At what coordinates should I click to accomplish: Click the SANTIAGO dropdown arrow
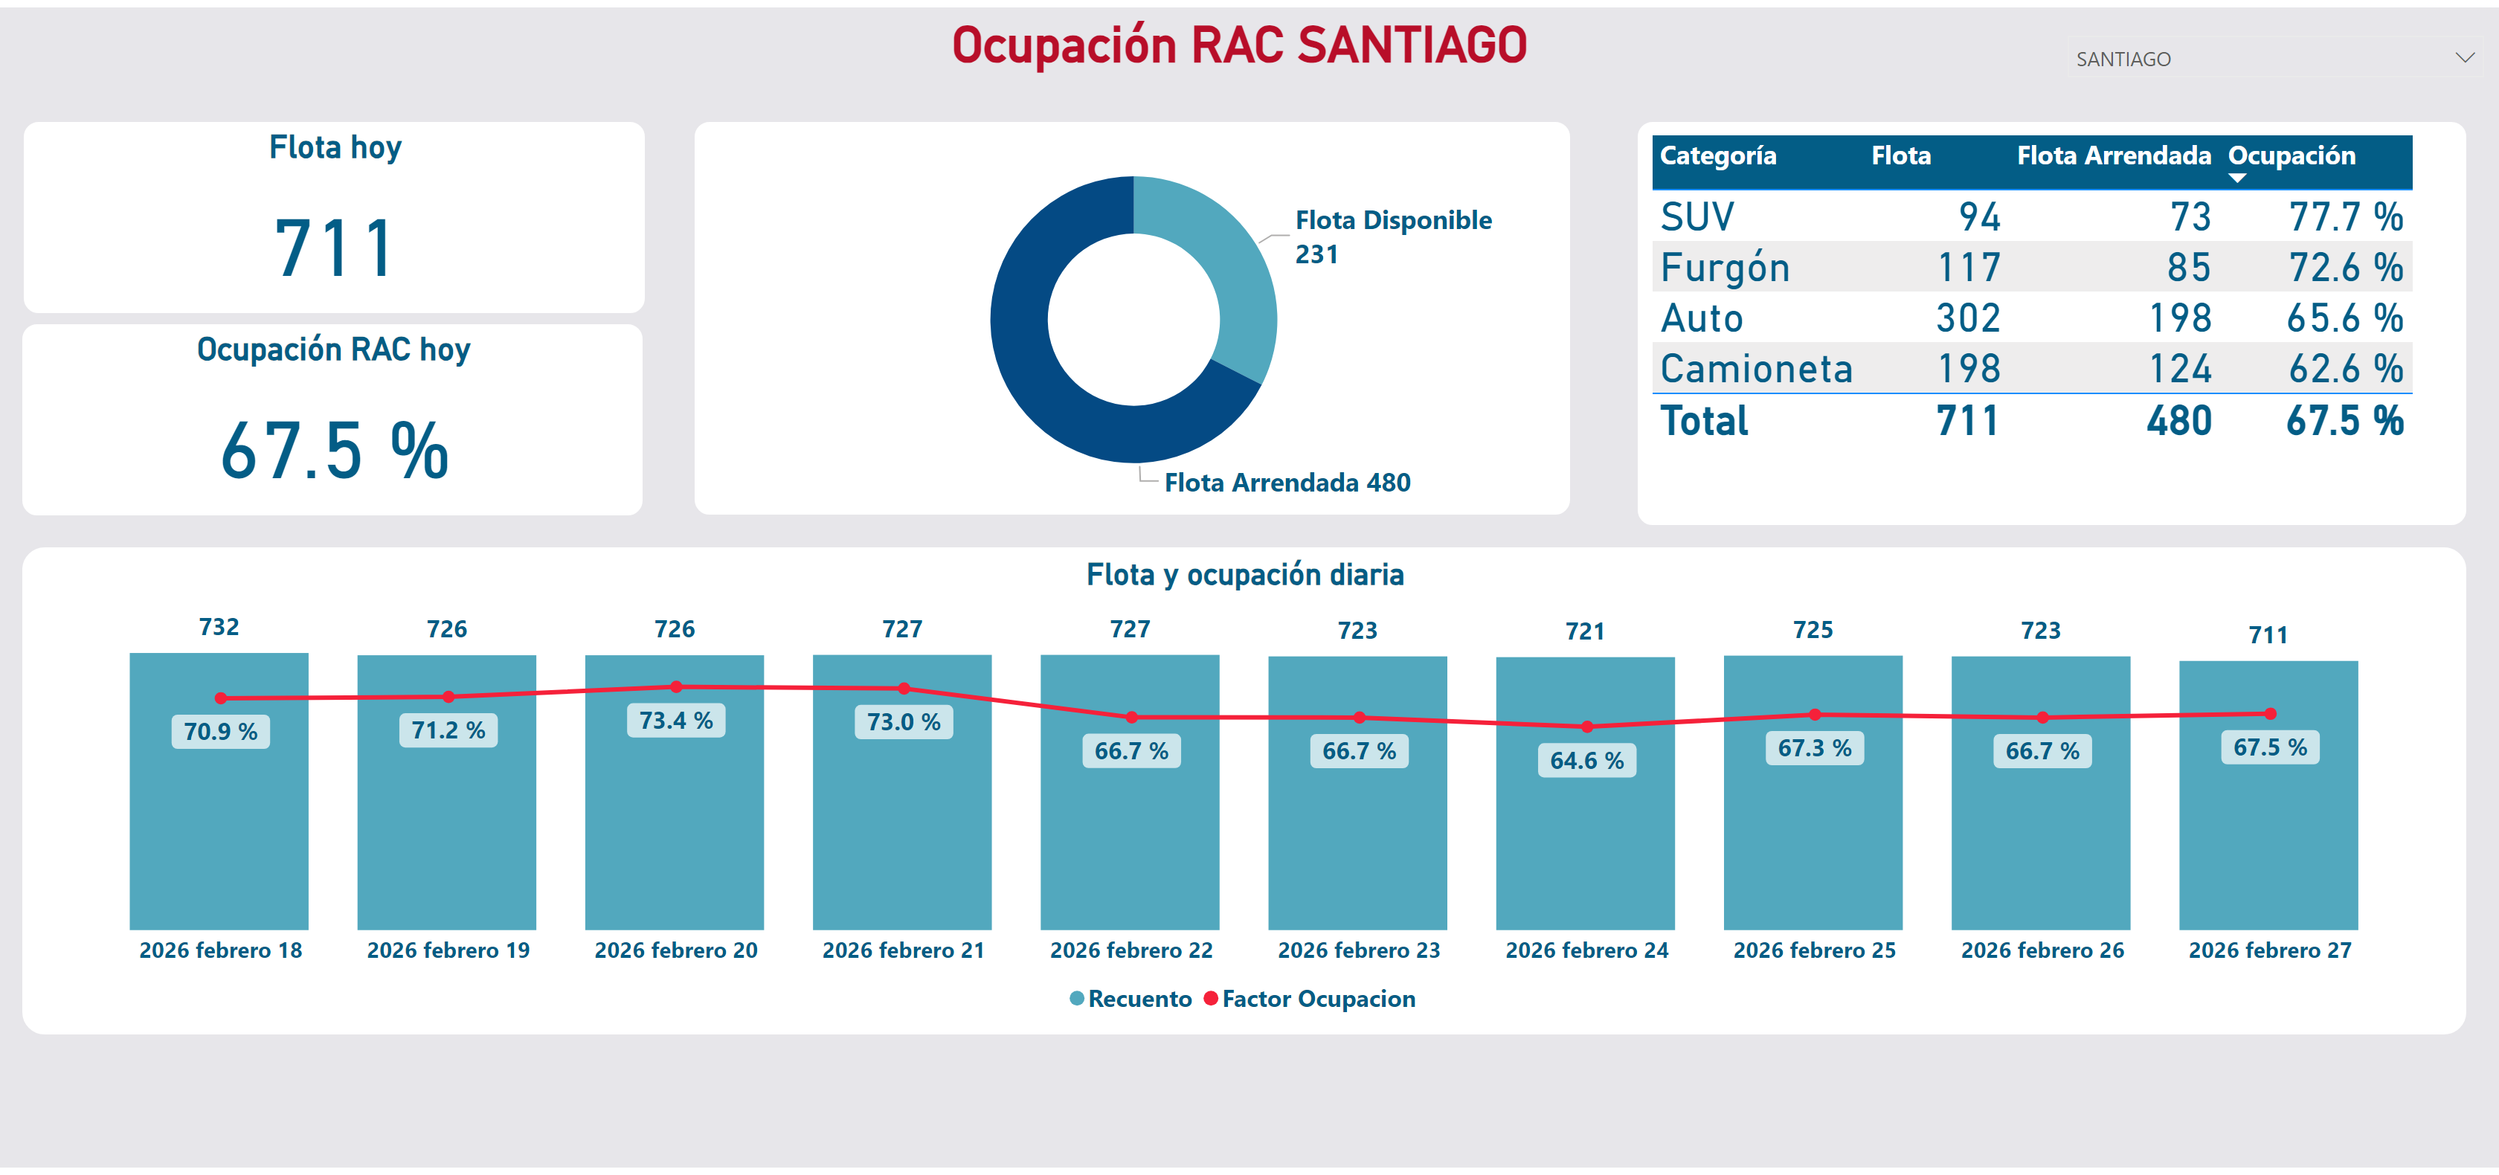[2464, 58]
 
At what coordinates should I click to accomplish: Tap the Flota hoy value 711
[335, 248]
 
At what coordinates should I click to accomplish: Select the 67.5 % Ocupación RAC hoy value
[335, 451]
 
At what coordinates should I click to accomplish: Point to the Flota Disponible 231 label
[1393, 236]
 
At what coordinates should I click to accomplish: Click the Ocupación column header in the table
[2291, 156]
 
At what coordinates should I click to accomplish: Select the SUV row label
[1696, 217]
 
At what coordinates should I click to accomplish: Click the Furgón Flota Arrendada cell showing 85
[2189, 268]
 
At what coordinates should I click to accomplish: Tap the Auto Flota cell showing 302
[1969, 318]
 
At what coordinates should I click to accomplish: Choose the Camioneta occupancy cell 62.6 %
[2345, 369]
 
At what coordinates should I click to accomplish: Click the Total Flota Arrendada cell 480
[2179, 421]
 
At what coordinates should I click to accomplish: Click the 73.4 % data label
[676, 721]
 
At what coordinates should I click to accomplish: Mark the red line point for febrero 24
[1587, 727]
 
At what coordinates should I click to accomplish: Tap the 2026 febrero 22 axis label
[1131, 950]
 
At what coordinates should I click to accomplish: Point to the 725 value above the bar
[1813, 631]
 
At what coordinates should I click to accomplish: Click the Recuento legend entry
[1131, 999]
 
